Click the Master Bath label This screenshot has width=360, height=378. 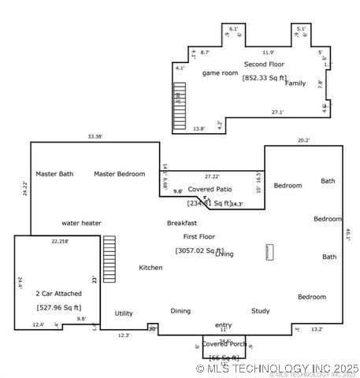(54, 174)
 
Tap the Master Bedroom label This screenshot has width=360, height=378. (119, 174)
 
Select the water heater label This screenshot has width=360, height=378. (81, 223)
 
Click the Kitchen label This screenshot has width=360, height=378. (150, 268)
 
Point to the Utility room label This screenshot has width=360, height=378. (123, 313)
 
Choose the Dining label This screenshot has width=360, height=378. (180, 311)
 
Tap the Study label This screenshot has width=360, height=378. (261, 311)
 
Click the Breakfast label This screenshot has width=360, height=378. (181, 223)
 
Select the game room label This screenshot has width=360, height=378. (220, 73)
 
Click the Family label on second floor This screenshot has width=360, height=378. (295, 83)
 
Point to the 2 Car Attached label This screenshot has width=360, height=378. (58, 293)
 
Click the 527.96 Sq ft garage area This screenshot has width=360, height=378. (58, 307)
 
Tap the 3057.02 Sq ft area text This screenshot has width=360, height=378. (199, 250)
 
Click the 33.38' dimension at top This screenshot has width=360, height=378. (95, 136)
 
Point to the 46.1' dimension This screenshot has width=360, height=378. (347, 234)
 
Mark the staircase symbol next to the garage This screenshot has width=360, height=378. (109, 259)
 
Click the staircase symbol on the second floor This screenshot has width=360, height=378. (179, 106)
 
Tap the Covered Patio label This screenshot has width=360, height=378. (210, 189)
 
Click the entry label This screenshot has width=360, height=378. (223, 324)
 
